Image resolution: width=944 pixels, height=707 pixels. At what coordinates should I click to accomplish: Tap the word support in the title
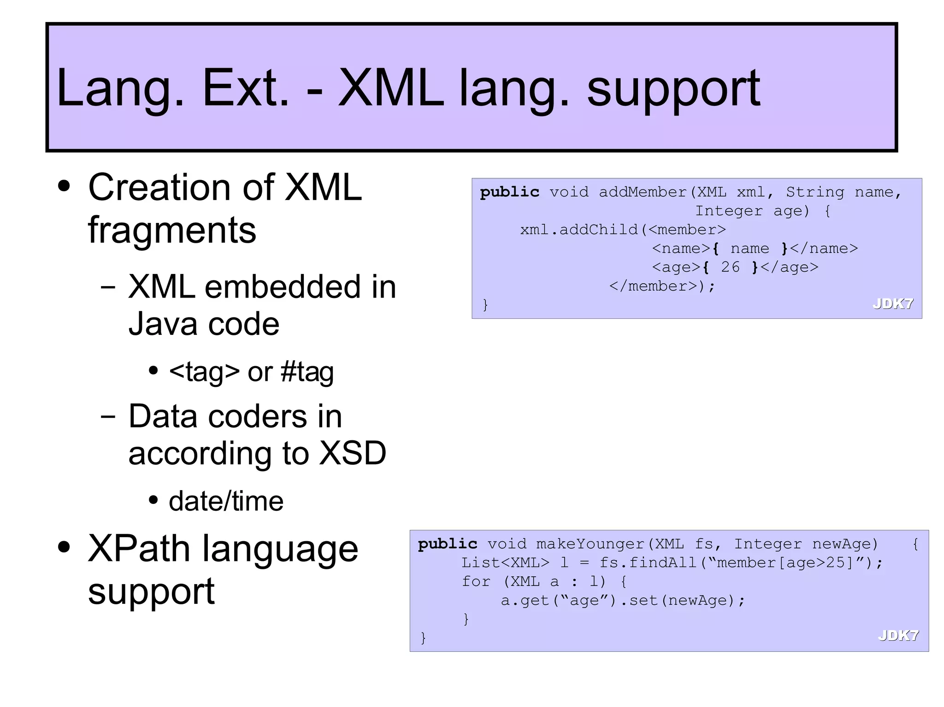[x=673, y=90]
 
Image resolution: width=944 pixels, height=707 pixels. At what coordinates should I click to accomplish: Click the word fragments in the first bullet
[x=171, y=230]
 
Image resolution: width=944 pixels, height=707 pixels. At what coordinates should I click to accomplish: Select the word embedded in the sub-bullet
[x=282, y=287]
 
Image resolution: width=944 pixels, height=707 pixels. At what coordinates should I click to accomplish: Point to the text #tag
[x=307, y=372]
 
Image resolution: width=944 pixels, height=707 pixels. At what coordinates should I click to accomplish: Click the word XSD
[x=353, y=453]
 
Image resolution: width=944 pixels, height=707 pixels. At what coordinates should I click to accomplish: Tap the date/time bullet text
[x=226, y=501]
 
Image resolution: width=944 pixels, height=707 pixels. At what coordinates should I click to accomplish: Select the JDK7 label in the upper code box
[x=892, y=304]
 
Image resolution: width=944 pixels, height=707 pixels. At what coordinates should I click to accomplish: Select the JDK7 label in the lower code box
[x=898, y=636]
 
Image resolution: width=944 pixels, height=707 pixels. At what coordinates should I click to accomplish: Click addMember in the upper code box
[x=643, y=192]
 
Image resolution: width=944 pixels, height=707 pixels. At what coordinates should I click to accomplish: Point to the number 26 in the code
[x=730, y=267]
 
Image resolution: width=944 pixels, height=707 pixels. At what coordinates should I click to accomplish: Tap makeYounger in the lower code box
[x=590, y=544]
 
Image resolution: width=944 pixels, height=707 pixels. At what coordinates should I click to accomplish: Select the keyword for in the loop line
[x=476, y=582]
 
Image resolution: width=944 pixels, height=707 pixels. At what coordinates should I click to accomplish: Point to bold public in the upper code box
[x=509, y=192]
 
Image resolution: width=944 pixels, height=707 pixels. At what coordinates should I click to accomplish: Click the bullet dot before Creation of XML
[x=65, y=187]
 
